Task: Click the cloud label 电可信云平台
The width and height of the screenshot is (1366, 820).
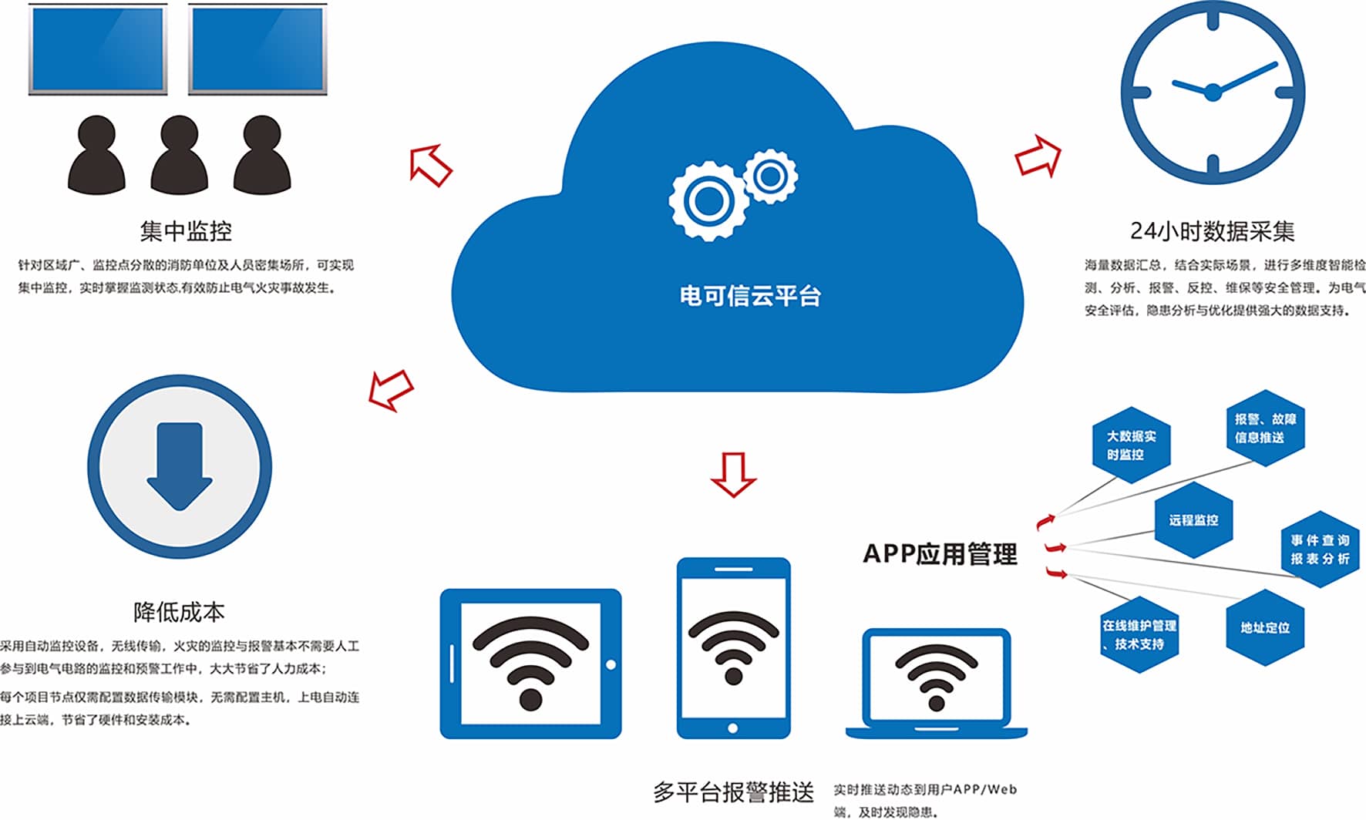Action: pyautogui.click(x=750, y=296)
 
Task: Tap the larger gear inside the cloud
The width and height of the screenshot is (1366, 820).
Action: pyautogui.click(x=708, y=200)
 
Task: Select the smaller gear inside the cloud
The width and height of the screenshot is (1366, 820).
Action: pyautogui.click(x=770, y=176)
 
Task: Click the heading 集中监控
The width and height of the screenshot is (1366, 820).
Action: pyautogui.click(x=186, y=230)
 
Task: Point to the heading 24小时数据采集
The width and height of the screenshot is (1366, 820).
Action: pyautogui.click(x=1212, y=230)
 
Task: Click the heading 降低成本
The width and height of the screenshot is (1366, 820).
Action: pyautogui.click(x=179, y=612)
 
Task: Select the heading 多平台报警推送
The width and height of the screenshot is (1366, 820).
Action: pyautogui.click(x=733, y=791)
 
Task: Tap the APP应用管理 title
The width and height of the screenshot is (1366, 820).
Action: pyautogui.click(x=940, y=554)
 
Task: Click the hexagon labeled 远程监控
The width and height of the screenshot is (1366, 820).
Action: pyautogui.click(x=1193, y=520)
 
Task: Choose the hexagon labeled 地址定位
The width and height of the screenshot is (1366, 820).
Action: pyautogui.click(x=1265, y=627)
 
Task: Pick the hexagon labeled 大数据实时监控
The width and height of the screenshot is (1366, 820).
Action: pyautogui.click(x=1131, y=445)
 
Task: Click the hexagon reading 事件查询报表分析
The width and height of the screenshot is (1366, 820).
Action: pyautogui.click(x=1320, y=549)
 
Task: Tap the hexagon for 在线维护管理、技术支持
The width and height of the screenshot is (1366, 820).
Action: pyautogui.click(x=1139, y=634)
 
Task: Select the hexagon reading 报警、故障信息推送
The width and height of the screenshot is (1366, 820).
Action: pyautogui.click(x=1265, y=428)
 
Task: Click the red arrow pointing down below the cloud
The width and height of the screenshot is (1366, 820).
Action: pyautogui.click(x=733, y=474)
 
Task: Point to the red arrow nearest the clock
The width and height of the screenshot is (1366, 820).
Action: pyautogui.click(x=1038, y=156)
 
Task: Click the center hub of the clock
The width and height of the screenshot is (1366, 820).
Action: pyautogui.click(x=1213, y=92)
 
